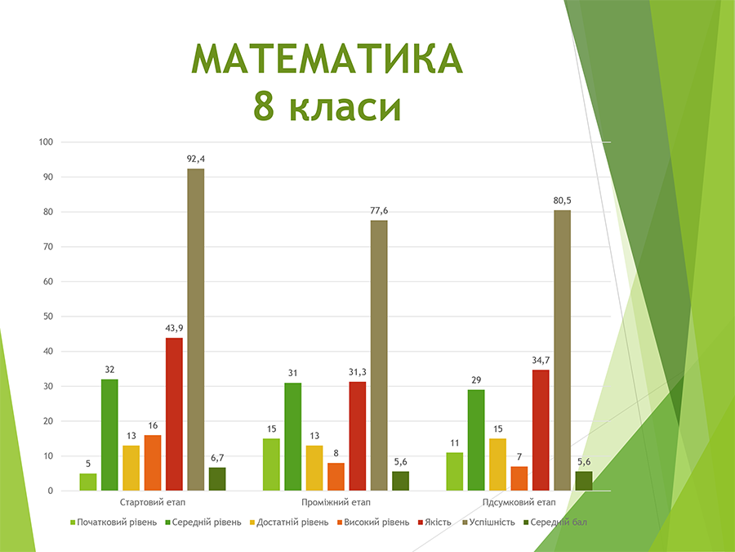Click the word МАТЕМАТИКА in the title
coord(327,59)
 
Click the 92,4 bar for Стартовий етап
coord(195,330)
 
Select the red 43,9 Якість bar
coord(174,414)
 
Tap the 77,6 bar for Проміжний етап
coord(379,356)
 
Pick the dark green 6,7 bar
coord(217,479)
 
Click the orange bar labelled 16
coord(153,463)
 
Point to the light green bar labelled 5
coord(88,482)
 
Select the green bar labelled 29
coord(476,440)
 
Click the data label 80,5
coord(562,201)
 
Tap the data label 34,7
coord(541,361)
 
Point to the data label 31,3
coord(358,372)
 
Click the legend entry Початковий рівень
coord(114,522)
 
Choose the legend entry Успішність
coord(489,522)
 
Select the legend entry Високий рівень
coord(373,522)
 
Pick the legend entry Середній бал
coord(555,522)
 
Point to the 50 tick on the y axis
coord(48,316)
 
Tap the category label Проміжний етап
coord(336,503)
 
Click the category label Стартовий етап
coord(153,503)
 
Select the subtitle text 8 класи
coord(327,106)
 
